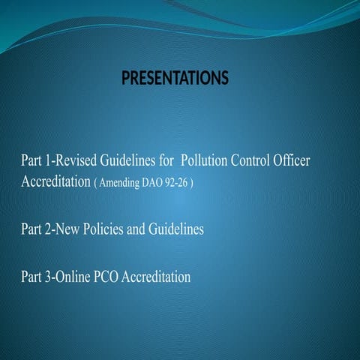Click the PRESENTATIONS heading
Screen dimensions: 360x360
click(x=174, y=78)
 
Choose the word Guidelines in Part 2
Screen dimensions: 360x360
click(x=175, y=230)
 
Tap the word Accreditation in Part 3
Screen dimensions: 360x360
click(x=156, y=277)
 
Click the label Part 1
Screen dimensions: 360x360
click(x=34, y=161)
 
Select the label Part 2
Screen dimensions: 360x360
click(x=34, y=230)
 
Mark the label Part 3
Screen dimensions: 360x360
click(x=34, y=277)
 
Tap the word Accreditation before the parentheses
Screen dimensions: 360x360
click(x=55, y=183)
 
